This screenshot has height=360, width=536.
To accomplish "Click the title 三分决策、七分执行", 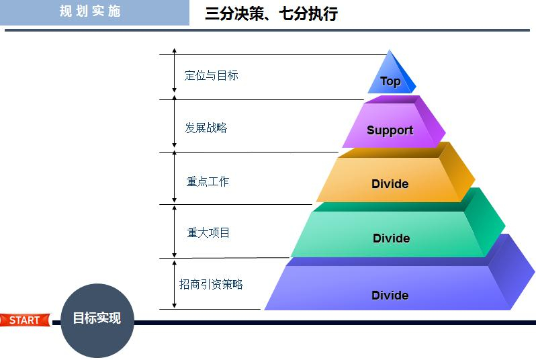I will (x=271, y=13).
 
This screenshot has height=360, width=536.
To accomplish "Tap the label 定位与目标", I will (x=212, y=75).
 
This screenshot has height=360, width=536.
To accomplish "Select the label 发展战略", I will (x=206, y=128).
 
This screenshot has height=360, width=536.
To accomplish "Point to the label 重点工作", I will (x=208, y=181).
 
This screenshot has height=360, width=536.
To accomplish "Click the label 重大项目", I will (x=208, y=232).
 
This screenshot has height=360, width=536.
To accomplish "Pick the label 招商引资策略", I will (x=211, y=284).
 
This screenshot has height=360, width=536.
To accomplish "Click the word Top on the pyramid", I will (x=390, y=81).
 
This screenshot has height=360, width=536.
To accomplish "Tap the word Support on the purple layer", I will (x=390, y=130).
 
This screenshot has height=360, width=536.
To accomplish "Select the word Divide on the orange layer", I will (x=390, y=184).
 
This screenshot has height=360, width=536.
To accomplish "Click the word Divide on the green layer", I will (x=391, y=238).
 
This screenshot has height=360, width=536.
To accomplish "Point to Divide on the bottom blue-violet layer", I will (x=390, y=296).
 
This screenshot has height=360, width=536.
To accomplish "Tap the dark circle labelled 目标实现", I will (x=97, y=319).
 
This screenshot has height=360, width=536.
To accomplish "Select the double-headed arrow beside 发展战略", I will (x=175, y=126).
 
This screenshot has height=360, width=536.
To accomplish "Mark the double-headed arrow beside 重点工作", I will (x=175, y=178).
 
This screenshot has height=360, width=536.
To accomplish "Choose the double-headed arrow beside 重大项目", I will (x=175, y=231).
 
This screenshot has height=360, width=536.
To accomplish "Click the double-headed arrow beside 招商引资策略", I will (x=175, y=283).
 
